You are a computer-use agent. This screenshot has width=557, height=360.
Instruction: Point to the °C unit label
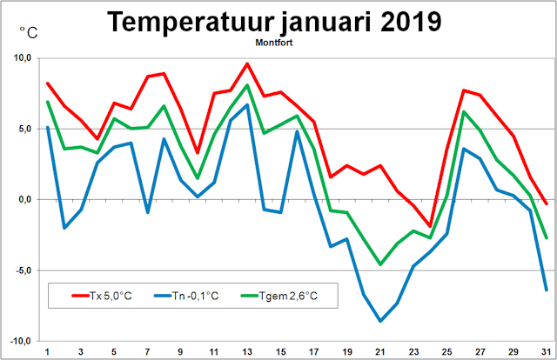click(x=29, y=34)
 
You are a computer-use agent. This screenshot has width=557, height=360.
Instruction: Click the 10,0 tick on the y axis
click(x=21, y=58)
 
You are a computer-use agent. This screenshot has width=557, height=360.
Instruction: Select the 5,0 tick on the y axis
click(x=23, y=129)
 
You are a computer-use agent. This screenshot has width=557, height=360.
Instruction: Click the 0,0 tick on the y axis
click(x=23, y=199)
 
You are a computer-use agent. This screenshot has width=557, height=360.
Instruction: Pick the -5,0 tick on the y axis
click(x=22, y=270)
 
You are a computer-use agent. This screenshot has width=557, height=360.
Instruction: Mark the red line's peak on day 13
click(x=247, y=63)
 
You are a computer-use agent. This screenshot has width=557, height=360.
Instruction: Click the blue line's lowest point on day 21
click(x=380, y=321)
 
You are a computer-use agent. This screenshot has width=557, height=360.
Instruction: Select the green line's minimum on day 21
click(x=380, y=264)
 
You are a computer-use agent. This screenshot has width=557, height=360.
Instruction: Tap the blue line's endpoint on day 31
click(x=547, y=290)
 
